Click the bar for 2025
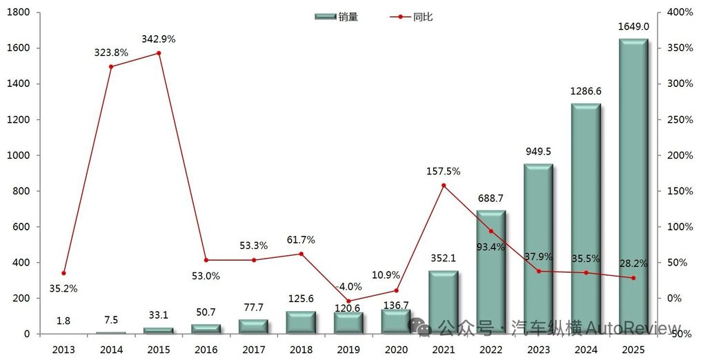[633, 186]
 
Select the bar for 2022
[491, 272]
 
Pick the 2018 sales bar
[301, 322]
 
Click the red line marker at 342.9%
[159, 53]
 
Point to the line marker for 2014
[111, 67]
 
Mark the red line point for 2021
[443, 186]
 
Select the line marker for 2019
[348, 301]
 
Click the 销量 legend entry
[336, 17]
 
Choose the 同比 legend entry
[412, 17]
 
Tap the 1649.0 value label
[633, 27]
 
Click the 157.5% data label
[443, 171]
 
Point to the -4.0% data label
[348, 286]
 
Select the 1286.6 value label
[586, 90]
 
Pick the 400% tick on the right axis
[680, 12]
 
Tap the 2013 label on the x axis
[63, 350]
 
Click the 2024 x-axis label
[586, 350]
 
